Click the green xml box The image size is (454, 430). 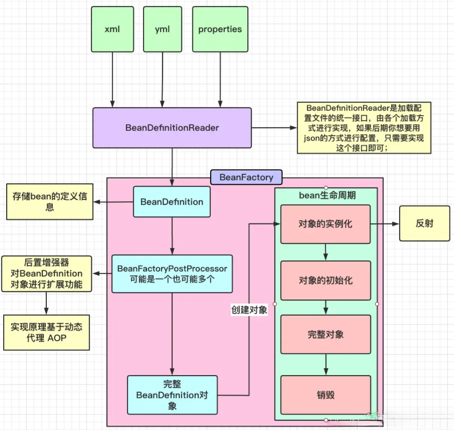pos(112,30)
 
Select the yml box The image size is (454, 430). pos(162,30)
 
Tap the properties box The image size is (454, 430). pos(220,30)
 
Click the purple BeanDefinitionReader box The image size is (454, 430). pos(172,128)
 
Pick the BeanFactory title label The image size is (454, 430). pos(246,178)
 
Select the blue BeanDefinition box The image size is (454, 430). pos(172,202)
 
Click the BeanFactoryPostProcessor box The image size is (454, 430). pos(172,274)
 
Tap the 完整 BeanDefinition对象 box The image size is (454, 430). pos(172,395)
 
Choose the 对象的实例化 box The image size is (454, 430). pos(325,224)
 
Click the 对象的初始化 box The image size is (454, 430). pos(325,281)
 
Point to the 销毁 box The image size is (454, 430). pos(325,395)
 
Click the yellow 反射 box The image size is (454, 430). pos(424,223)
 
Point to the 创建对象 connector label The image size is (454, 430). pos(249,310)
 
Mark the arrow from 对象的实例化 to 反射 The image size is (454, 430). pos(384,224)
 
